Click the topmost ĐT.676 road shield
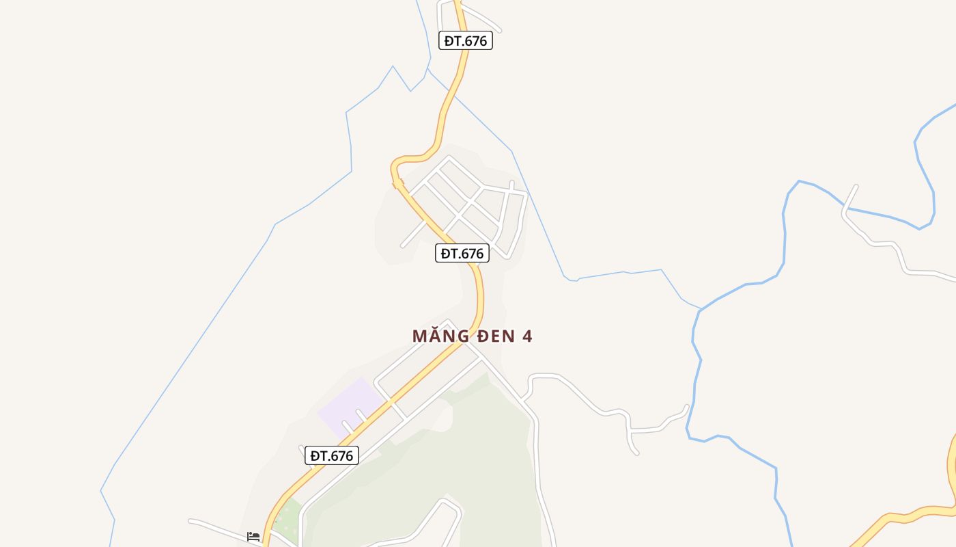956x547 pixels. coord(466,40)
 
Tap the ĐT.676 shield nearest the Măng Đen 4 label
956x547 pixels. coord(462,253)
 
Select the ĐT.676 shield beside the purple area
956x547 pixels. coord(332,455)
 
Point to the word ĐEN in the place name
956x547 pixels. coord(495,336)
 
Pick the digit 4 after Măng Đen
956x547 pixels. coord(527,336)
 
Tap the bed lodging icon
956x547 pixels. coord(253,537)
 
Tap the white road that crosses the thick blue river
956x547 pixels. coord(846,208)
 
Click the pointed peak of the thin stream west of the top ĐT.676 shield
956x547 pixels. coord(393,66)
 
